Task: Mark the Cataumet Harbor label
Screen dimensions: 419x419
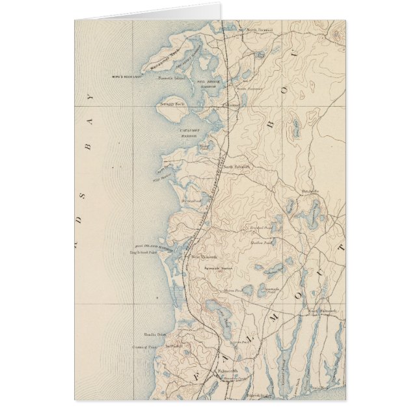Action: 193,133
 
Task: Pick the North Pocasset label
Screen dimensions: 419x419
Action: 257,30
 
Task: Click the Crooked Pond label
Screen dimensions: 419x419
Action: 262,228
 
